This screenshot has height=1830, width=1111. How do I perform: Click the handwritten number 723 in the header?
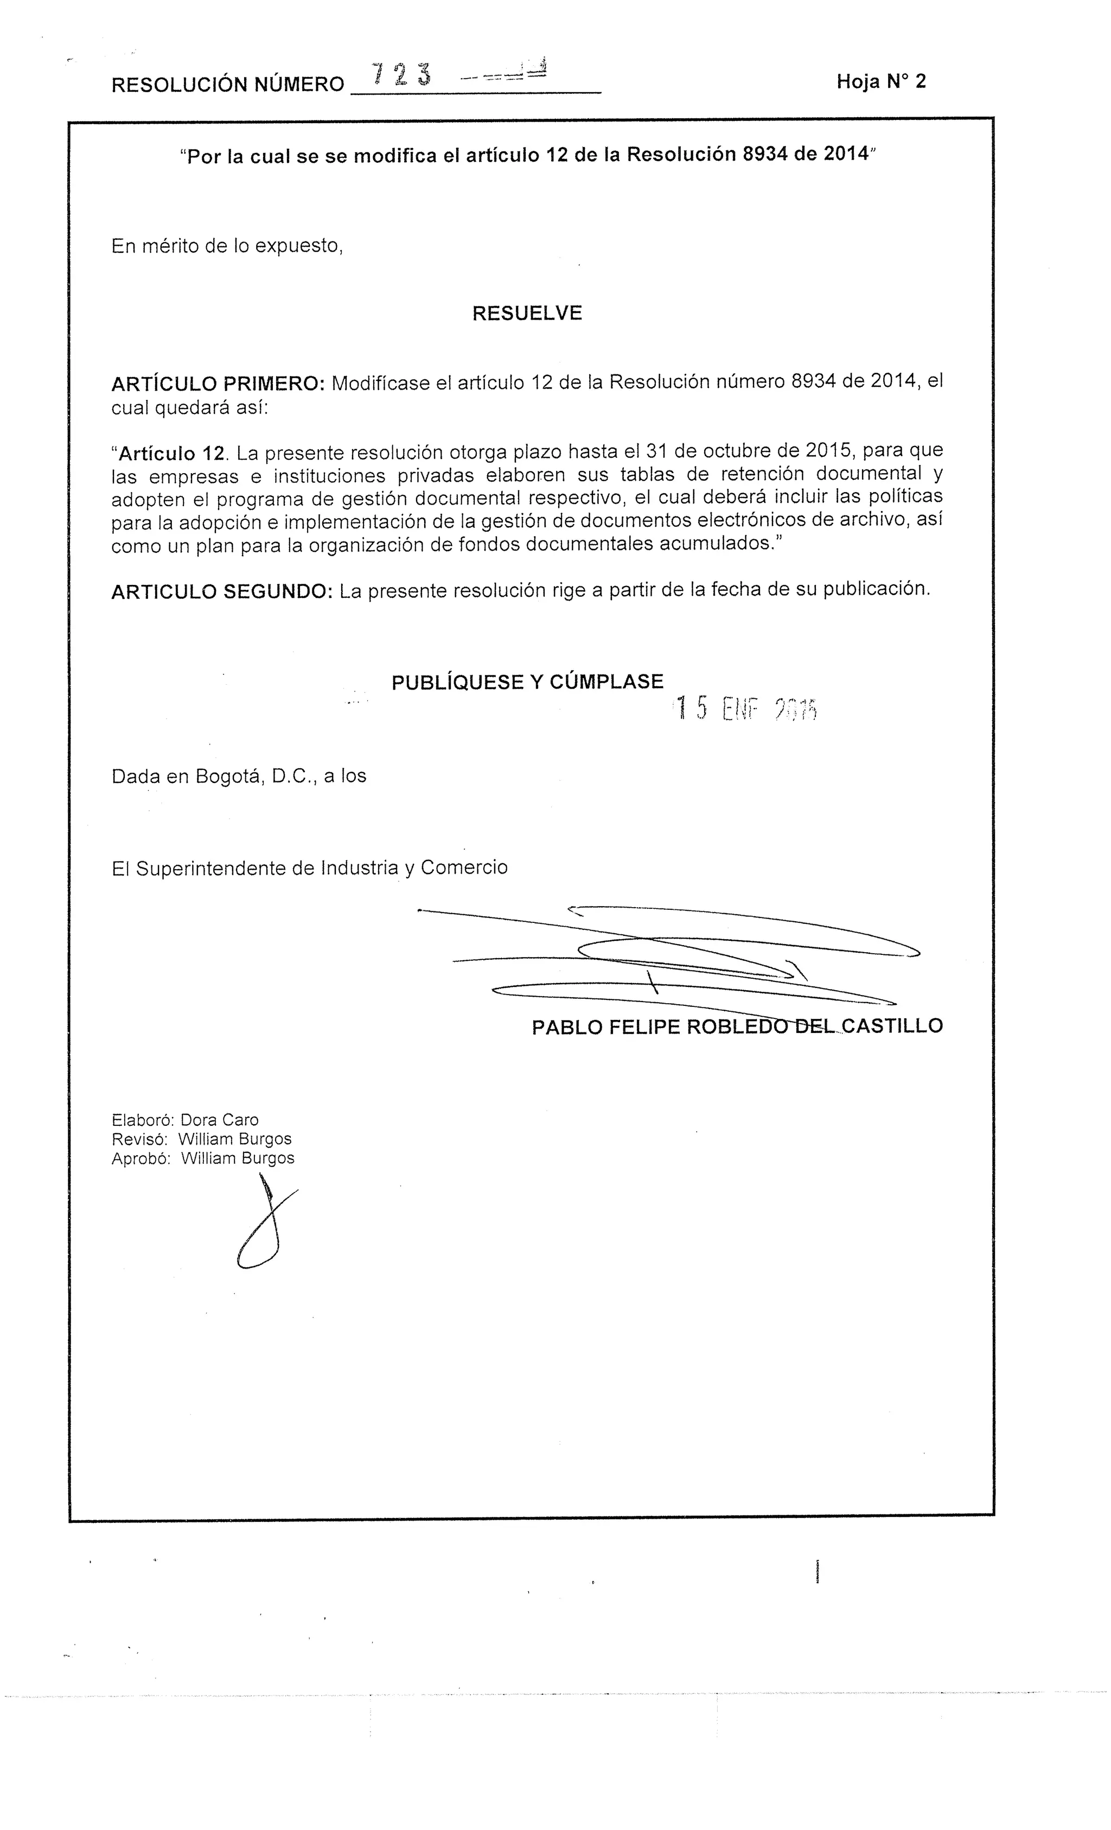pyautogui.click(x=402, y=75)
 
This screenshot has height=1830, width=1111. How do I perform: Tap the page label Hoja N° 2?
pyautogui.click(x=881, y=82)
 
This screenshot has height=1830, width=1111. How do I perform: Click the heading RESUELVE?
pyautogui.click(x=527, y=314)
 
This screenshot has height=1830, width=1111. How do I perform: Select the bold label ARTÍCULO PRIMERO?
pyautogui.click(x=218, y=384)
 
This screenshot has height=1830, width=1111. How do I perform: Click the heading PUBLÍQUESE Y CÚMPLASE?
pyautogui.click(x=527, y=682)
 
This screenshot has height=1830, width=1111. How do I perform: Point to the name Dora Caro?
pyautogui.click(x=219, y=1120)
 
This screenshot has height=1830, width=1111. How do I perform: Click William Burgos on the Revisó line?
pyautogui.click(x=235, y=1139)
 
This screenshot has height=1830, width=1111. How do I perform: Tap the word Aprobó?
pyautogui.click(x=141, y=1159)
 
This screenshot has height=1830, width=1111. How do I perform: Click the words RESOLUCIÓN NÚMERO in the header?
pyautogui.click(x=227, y=85)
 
